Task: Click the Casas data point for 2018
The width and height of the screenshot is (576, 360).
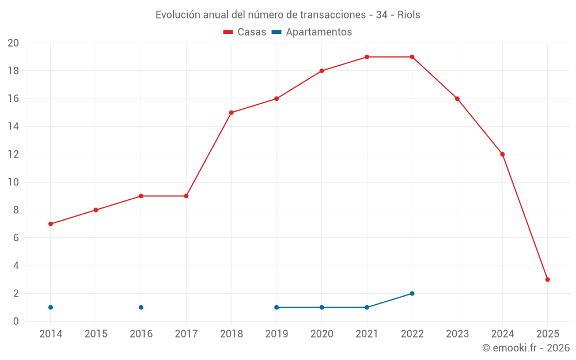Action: [231, 112]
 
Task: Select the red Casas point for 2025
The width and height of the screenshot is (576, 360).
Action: [547, 279]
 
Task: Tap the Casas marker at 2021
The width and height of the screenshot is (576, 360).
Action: [367, 57]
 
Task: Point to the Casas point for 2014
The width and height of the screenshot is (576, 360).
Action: [51, 223]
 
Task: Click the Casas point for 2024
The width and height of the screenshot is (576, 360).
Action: [502, 154]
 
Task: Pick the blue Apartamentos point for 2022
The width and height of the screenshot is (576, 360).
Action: [412, 293]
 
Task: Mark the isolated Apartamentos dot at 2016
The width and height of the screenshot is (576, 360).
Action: [141, 307]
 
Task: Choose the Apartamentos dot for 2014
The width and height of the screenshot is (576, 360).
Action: [51, 307]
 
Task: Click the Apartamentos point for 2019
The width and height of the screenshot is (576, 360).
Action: [276, 307]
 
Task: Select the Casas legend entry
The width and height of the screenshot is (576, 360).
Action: [245, 32]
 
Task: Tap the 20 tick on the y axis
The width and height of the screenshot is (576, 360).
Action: [13, 43]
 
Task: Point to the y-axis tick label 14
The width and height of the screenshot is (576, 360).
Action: [13, 127]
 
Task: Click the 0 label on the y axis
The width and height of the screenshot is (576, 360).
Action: [16, 321]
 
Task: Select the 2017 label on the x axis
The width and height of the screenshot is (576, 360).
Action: [186, 334]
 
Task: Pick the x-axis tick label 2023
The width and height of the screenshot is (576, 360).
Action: [457, 334]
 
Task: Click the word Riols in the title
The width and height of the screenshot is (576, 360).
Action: [408, 15]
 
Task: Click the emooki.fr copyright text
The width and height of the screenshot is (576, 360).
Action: [525, 348]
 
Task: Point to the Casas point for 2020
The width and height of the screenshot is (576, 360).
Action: [321, 71]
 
